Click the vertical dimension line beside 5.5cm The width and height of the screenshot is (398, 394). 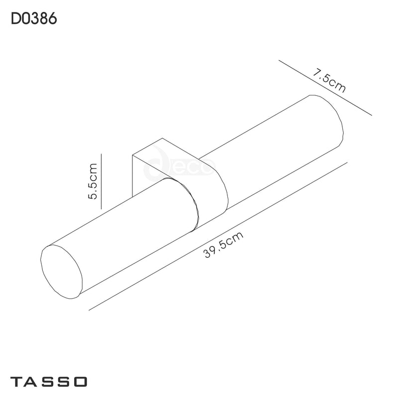point(101,181)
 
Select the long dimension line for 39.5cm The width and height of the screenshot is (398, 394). point(219,236)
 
